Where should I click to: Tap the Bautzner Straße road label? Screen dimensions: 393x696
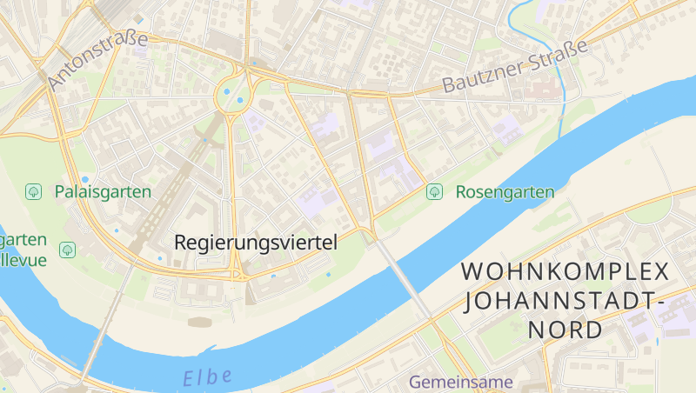516,66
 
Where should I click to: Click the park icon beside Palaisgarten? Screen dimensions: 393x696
35,191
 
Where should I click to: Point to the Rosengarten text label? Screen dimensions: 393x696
505,192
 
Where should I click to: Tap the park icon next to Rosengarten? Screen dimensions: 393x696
434,191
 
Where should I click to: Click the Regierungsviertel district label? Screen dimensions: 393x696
255,243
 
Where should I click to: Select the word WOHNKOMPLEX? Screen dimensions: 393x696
565,271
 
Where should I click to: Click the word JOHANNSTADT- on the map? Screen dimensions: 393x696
565,301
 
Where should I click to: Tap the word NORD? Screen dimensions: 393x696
565,330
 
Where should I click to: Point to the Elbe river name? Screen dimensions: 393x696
208,377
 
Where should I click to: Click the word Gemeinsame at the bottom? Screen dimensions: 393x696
461,382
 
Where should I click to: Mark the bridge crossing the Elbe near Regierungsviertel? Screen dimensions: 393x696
402,276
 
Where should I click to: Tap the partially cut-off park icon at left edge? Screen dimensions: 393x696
67,250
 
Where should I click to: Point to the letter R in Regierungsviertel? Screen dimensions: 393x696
181,243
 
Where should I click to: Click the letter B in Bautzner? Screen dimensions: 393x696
449,86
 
